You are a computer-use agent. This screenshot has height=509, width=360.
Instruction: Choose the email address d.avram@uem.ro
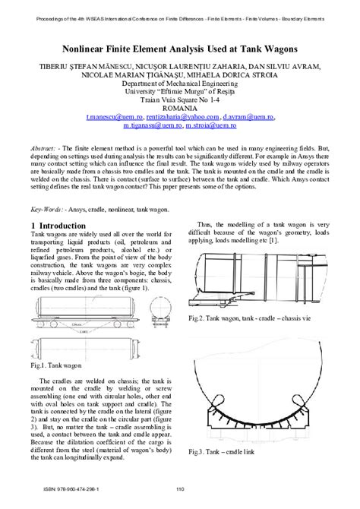pos(249,118)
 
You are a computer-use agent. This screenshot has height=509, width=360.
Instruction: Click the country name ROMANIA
pos(180,109)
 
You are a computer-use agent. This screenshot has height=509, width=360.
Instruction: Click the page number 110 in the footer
pos(180,488)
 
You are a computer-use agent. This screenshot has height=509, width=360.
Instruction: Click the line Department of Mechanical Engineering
pos(180,84)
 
